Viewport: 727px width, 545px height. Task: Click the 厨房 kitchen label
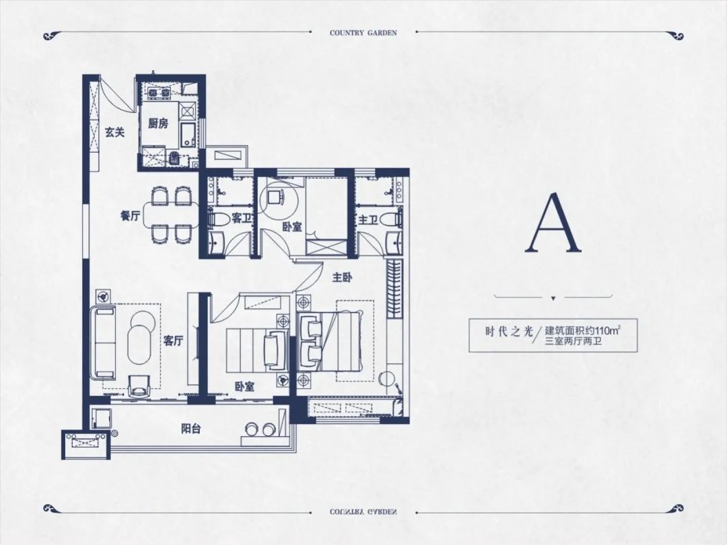[x=158, y=124]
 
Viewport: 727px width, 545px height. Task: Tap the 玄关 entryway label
[x=114, y=133]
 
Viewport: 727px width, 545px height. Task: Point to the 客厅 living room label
[x=174, y=342]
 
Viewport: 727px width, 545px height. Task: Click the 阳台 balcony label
[x=191, y=429]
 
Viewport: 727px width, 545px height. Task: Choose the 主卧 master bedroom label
[x=342, y=278]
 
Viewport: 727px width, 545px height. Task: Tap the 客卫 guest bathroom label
[x=241, y=218]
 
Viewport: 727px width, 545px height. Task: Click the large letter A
[x=553, y=223]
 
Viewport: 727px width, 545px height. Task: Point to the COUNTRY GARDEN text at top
[x=363, y=33]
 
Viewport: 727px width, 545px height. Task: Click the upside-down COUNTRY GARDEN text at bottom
[x=363, y=512]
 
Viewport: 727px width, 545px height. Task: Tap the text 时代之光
[x=503, y=332]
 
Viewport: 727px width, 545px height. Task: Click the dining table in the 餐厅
[x=170, y=215]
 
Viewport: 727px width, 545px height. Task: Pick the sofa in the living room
[x=105, y=342]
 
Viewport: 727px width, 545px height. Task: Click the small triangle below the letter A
[x=553, y=299]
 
